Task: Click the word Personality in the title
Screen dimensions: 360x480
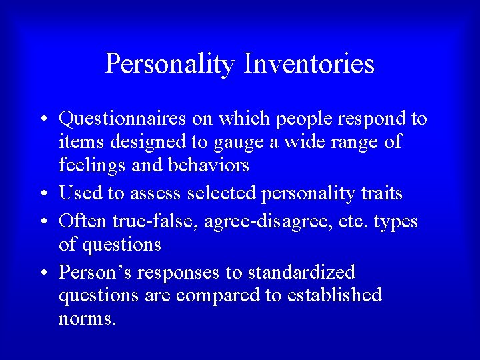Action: pyautogui.click(x=170, y=65)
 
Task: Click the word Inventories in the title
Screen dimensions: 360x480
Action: pyautogui.click(x=309, y=65)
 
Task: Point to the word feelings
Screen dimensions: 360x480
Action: pyautogui.click(x=91, y=165)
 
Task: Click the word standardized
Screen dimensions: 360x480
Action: pyautogui.click(x=301, y=272)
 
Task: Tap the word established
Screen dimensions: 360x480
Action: pyautogui.click(x=334, y=295)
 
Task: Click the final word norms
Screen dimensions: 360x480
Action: pyautogui.click(x=87, y=319)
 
